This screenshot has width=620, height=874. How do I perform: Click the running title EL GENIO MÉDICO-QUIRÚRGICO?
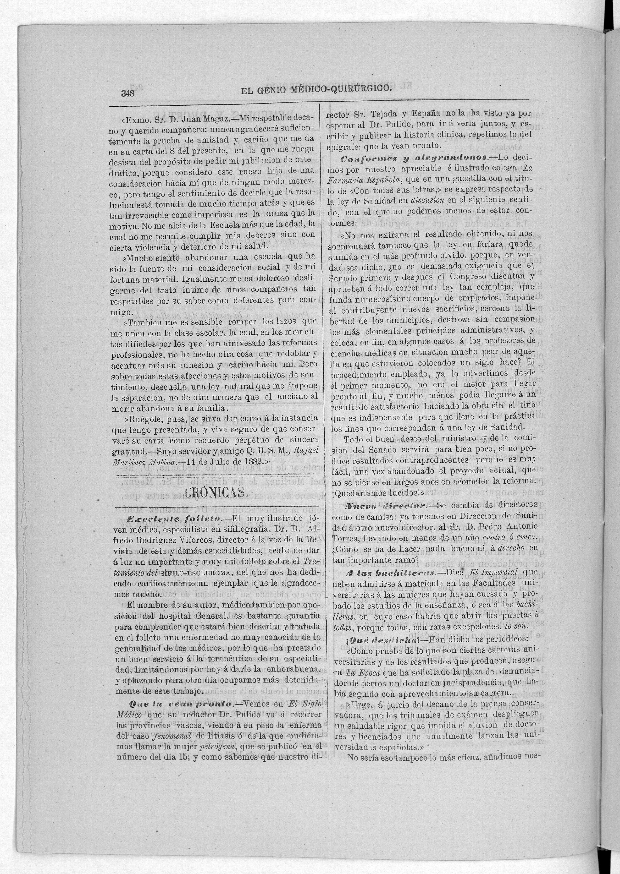[316, 90]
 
